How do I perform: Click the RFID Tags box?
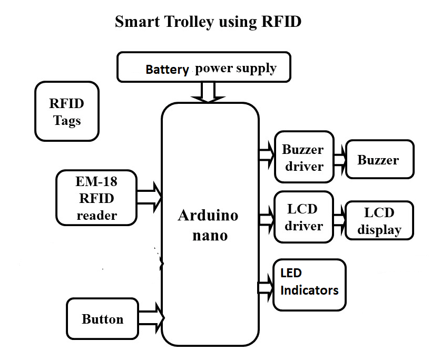pyautogui.click(x=66, y=111)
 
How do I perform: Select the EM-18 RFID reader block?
pyautogui.click(x=96, y=198)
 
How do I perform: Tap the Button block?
pyautogui.click(x=102, y=318)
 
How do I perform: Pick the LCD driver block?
pyautogui.click(x=304, y=217)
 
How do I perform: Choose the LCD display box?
pyautogui.click(x=379, y=220)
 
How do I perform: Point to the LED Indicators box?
pyautogui.click(x=309, y=284)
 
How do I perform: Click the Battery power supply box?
pyautogui.click(x=204, y=67)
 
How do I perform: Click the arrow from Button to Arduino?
pyautogui.click(x=152, y=316)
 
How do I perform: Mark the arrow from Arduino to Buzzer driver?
pyautogui.click(x=267, y=154)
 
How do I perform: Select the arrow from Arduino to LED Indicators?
pyautogui.click(x=266, y=287)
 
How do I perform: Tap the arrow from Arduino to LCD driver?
pyautogui.click(x=267, y=215)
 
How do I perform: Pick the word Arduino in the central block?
pyautogui.click(x=208, y=215)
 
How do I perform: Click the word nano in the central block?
pyautogui.click(x=210, y=235)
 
